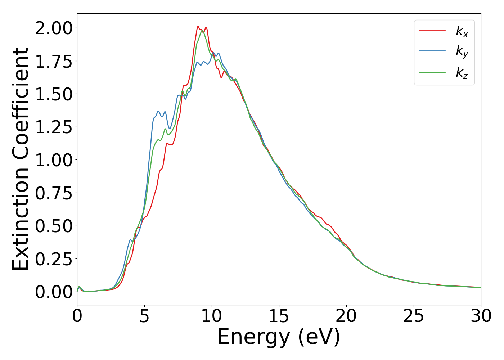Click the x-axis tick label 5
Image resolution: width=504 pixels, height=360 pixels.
tap(144, 316)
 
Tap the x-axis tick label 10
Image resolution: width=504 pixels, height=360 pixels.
tap(212, 316)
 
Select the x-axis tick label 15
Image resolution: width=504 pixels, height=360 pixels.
tap(279, 316)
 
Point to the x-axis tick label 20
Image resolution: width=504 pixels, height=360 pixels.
tap(346, 316)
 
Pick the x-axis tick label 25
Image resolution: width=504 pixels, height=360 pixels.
tap(414, 316)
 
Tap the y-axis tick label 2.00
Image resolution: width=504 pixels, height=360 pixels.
tap(54, 28)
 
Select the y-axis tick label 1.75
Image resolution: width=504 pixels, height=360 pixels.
tap(54, 61)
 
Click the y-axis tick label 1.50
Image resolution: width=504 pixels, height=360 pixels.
tap(54, 94)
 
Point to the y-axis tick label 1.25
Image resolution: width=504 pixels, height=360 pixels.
tap(54, 127)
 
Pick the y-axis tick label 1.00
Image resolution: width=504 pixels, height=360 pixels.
tap(54, 160)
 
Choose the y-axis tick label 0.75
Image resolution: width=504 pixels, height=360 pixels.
tap(54, 193)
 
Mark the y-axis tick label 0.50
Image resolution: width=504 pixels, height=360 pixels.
tap(54, 226)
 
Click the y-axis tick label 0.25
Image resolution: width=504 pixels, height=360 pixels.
tap(54, 259)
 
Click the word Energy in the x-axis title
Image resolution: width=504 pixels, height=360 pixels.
tap(253, 337)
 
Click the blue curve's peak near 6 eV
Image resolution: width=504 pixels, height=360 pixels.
tap(158, 111)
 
